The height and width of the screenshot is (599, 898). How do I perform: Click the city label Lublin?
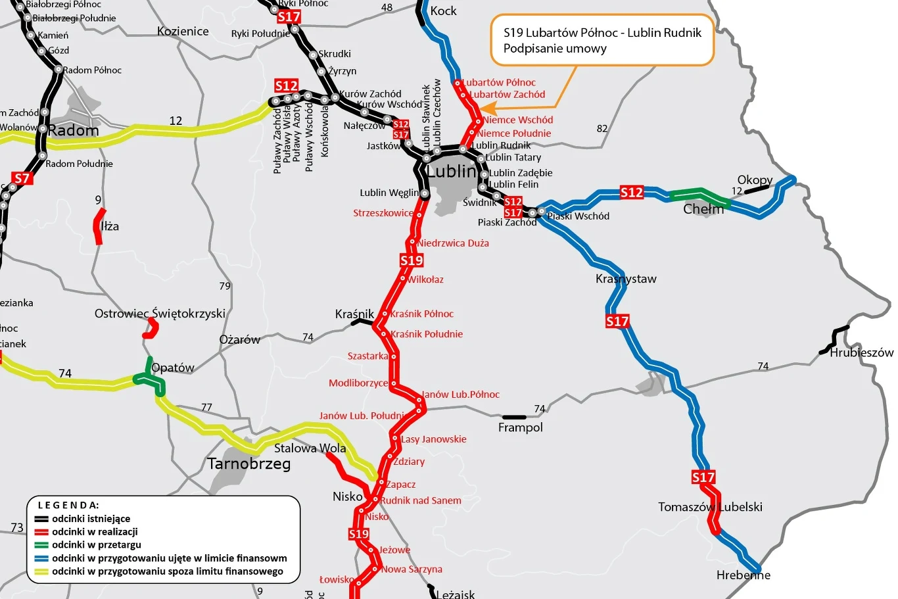[x=452, y=172]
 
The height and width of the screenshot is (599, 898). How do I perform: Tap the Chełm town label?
[x=703, y=209]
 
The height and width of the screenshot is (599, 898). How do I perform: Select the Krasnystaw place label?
[x=626, y=279]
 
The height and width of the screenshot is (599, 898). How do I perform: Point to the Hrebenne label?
[x=743, y=575]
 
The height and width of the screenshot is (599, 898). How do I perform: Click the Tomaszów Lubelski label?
[x=710, y=507]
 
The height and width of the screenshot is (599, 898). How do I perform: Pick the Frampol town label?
[x=520, y=428]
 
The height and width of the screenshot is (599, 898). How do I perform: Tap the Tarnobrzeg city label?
[x=248, y=464]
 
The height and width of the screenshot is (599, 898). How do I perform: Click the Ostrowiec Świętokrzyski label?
[x=160, y=314]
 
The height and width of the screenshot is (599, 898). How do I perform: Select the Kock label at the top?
[x=443, y=11]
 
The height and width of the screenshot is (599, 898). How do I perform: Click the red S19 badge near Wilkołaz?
[x=412, y=260]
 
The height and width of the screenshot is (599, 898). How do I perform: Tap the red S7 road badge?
[x=22, y=178]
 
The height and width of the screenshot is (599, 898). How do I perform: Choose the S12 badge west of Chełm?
[x=631, y=193]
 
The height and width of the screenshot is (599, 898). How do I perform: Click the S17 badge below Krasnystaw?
[x=617, y=321]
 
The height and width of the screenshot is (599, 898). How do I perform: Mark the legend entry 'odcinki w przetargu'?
[x=97, y=544]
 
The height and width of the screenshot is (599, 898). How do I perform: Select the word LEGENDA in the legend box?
[x=68, y=505]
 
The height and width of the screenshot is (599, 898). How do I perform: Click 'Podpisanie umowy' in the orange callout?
[x=555, y=49]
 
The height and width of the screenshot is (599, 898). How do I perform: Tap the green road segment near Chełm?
[x=699, y=194]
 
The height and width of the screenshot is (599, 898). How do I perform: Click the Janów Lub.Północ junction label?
[x=460, y=395]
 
